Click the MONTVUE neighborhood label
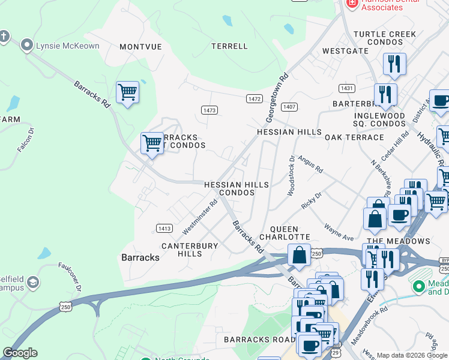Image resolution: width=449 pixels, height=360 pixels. (142, 46)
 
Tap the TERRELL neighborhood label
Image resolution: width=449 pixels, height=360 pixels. (229, 46)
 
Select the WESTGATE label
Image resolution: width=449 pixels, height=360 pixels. (345, 52)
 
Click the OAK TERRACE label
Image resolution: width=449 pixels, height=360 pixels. (354, 137)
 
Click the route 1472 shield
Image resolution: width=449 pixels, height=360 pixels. (254, 98)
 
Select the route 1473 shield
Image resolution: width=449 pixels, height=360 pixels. (209, 110)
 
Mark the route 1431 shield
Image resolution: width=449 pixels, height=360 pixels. (346, 88)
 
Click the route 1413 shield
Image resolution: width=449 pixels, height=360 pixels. (164, 228)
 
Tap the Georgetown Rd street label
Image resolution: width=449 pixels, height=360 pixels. (277, 98)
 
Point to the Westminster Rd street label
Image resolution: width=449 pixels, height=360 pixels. (199, 217)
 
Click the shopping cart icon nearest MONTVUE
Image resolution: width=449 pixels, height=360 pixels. (127, 93)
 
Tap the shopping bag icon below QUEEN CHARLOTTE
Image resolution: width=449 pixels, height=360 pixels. (298, 256)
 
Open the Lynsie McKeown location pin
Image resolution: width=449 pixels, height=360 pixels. (27, 45)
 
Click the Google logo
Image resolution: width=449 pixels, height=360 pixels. (20, 353)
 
